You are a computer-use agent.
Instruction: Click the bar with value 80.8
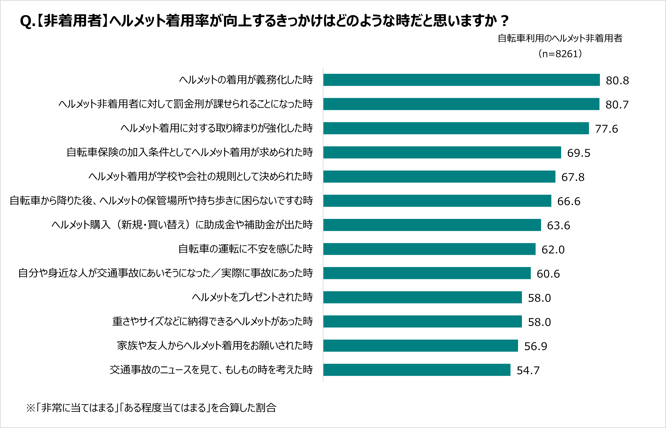[x=461, y=80]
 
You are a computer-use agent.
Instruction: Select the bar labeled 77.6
[x=456, y=128]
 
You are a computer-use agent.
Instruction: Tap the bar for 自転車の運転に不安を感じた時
[x=429, y=249]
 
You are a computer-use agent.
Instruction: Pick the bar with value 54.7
[x=417, y=370]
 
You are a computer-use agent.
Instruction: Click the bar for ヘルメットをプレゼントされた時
[x=422, y=297]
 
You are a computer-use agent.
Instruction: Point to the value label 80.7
[x=617, y=105]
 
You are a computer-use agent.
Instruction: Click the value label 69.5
[x=578, y=153]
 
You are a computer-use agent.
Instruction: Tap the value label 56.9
[x=535, y=346]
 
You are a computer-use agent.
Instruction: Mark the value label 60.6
[x=548, y=274]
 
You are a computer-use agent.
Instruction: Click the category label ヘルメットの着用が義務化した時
[x=246, y=80]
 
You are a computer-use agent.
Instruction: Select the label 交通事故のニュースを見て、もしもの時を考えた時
[x=211, y=370]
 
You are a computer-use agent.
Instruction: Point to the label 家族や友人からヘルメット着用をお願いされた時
[x=215, y=345]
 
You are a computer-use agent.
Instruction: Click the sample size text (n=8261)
[x=560, y=54]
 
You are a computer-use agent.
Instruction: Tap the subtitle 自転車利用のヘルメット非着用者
[x=560, y=38]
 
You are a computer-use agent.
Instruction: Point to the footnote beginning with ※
[x=151, y=407]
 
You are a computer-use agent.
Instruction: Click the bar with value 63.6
[x=432, y=225]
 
